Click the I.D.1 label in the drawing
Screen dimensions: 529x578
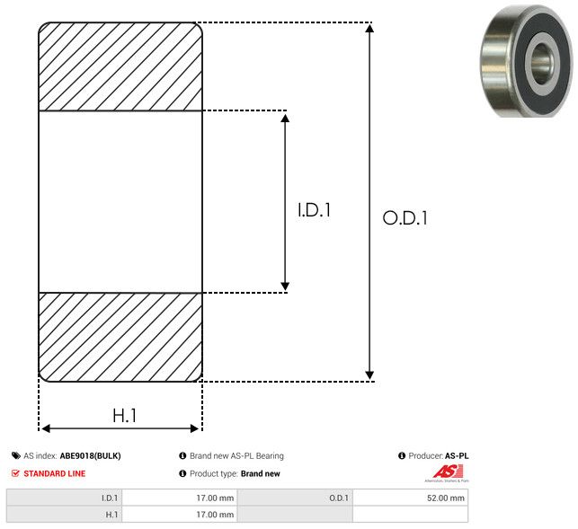(x=315, y=211)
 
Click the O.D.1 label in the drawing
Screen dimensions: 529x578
(x=405, y=217)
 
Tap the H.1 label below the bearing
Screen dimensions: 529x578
(x=124, y=415)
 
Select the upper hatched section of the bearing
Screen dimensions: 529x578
(x=120, y=66)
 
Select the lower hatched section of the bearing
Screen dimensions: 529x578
(x=120, y=337)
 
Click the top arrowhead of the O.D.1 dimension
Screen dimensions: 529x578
(x=369, y=30)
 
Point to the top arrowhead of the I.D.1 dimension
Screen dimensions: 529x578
(x=285, y=119)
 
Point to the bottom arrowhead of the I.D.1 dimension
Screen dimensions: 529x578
(x=285, y=285)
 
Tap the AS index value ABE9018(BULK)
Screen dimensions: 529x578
(x=90, y=455)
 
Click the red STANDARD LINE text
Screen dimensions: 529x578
(x=55, y=473)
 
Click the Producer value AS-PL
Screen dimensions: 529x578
(x=457, y=455)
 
